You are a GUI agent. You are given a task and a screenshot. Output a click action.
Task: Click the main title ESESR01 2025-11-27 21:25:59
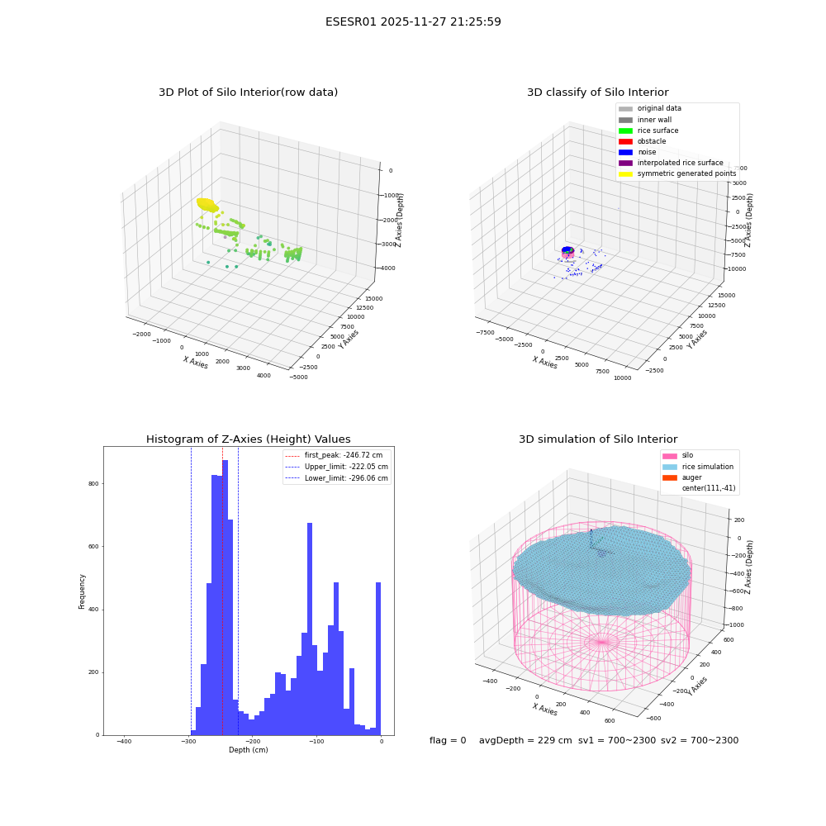click(x=413, y=21)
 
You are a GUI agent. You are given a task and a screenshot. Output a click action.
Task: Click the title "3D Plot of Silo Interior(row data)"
click(x=248, y=93)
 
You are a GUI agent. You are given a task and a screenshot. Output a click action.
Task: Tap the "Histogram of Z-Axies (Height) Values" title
click(x=248, y=439)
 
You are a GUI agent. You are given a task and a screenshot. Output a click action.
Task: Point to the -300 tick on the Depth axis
click(x=188, y=741)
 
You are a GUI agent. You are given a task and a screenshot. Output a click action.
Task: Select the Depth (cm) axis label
click(x=248, y=750)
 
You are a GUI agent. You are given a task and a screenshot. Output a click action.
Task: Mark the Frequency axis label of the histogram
click(x=82, y=591)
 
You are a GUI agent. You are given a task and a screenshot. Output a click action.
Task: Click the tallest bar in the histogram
click(x=225, y=597)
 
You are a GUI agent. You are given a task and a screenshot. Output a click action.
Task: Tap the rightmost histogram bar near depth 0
click(x=378, y=658)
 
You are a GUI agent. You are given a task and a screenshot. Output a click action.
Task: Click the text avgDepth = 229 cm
click(x=525, y=740)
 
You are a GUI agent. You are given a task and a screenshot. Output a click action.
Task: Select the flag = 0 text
click(x=448, y=740)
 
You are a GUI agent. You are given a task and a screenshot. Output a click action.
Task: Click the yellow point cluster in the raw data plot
click(x=207, y=205)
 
